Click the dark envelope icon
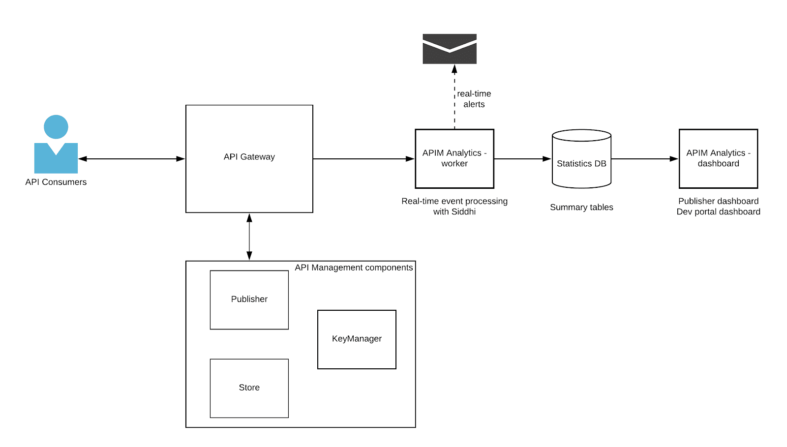450,49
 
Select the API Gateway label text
249,157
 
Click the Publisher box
249,299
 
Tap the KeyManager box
357,339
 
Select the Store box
249,388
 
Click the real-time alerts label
474,99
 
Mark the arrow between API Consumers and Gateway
131,159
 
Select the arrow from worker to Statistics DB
522,159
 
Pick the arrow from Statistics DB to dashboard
644,159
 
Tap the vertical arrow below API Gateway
249,237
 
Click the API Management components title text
354,268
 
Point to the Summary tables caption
581,208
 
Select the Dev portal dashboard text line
718,212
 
